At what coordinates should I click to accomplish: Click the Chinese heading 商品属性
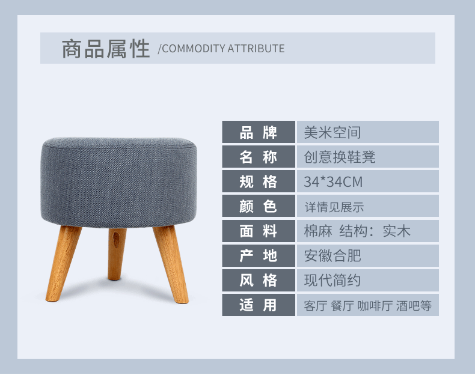(x=106, y=49)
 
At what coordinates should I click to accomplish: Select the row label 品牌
(x=259, y=132)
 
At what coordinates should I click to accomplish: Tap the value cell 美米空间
(x=332, y=132)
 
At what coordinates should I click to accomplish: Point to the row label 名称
(x=259, y=157)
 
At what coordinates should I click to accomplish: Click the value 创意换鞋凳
(x=340, y=157)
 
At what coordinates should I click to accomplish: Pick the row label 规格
(x=259, y=181)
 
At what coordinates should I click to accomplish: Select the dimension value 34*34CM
(x=333, y=181)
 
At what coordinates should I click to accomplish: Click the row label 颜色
(x=259, y=206)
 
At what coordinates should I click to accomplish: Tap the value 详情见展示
(x=334, y=207)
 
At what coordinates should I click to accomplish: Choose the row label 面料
(x=259, y=231)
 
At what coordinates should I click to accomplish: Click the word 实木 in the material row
(x=397, y=231)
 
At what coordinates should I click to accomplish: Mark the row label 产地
(x=259, y=255)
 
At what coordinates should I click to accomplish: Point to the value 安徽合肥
(x=332, y=255)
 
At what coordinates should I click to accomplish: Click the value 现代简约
(x=332, y=280)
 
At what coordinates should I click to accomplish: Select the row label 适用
(x=259, y=305)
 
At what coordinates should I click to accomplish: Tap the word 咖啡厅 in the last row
(x=375, y=306)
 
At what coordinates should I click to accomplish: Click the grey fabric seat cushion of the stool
(x=119, y=182)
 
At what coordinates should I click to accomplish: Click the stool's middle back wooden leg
(x=116, y=254)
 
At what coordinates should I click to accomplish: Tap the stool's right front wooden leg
(x=171, y=264)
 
